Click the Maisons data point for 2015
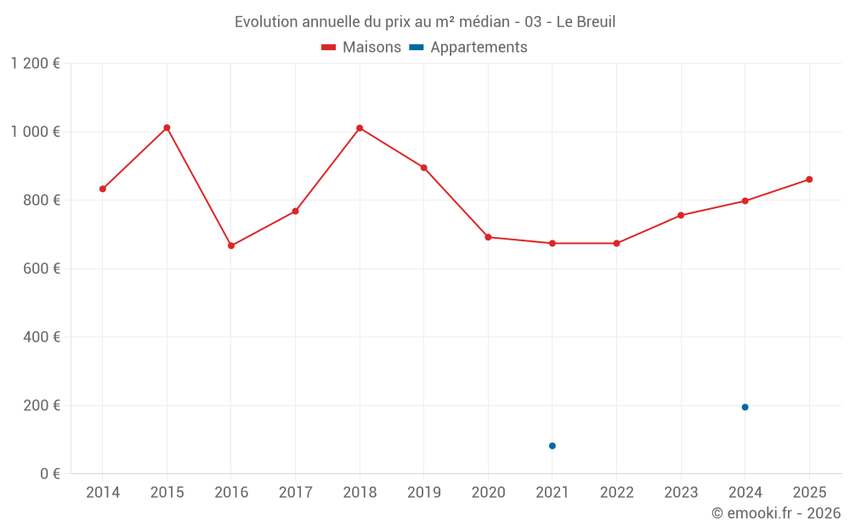[x=167, y=127]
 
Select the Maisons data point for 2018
[x=360, y=128]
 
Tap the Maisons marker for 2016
[x=231, y=246]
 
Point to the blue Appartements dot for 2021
[x=552, y=446]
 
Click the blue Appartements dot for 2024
[x=745, y=407]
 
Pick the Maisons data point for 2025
[x=809, y=179]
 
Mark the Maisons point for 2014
[x=103, y=189]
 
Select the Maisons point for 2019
[x=424, y=167]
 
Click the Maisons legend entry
[x=361, y=48]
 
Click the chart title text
[x=425, y=22]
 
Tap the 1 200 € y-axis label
[x=35, y=64]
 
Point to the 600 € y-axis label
[x=42, y=268]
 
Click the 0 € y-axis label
[x=49, y=473]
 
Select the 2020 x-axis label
[x=488, y=493]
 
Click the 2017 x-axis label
[x=295, y=493]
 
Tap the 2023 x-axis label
[x=681, y=493]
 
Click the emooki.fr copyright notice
[x=775, y=513]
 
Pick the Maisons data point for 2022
[x=616, y=243]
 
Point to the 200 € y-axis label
[x=42, y=405]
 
